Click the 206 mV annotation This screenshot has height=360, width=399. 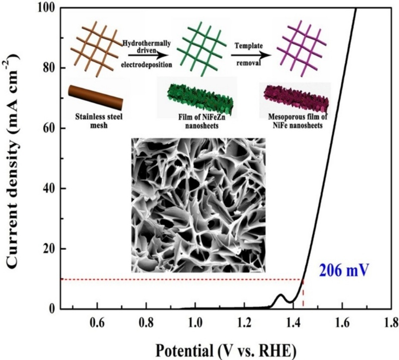(x=344, y=273)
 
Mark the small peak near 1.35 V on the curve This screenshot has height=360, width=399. (x=280, y=295)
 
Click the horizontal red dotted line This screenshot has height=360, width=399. (x=180, y=279)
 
